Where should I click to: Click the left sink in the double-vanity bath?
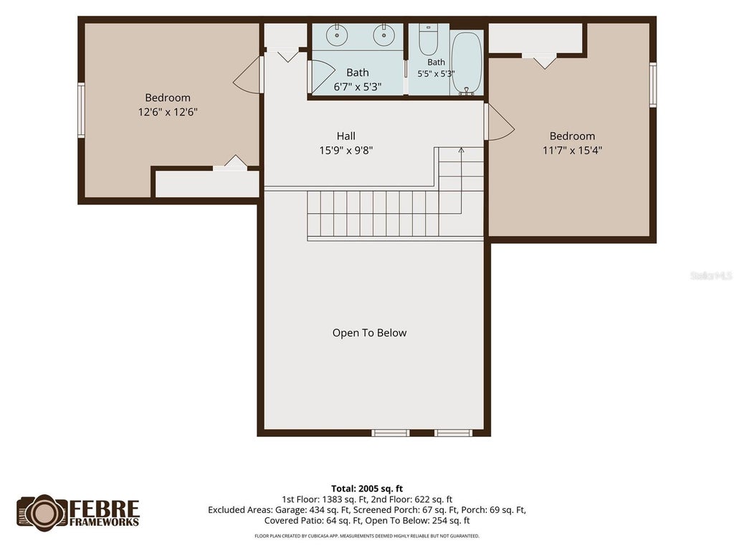337,35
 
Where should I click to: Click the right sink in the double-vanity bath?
384,35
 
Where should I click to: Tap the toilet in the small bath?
428,40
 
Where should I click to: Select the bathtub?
467,63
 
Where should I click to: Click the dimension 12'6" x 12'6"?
168,112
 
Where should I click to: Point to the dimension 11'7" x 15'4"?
572,151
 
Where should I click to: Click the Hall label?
346,136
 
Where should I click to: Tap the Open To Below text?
369,333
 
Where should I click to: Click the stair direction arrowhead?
461,151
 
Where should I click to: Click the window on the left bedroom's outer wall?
81,110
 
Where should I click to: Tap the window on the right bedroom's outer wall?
653,85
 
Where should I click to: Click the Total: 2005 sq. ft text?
367,489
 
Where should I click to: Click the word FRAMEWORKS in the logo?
105,522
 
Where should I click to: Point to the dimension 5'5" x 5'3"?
436,74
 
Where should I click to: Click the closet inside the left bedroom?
207,184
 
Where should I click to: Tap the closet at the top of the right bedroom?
535,38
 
